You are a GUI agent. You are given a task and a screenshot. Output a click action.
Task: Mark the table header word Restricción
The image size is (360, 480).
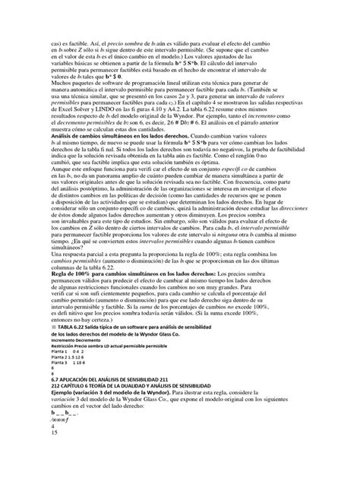click(x=63, y=403)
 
